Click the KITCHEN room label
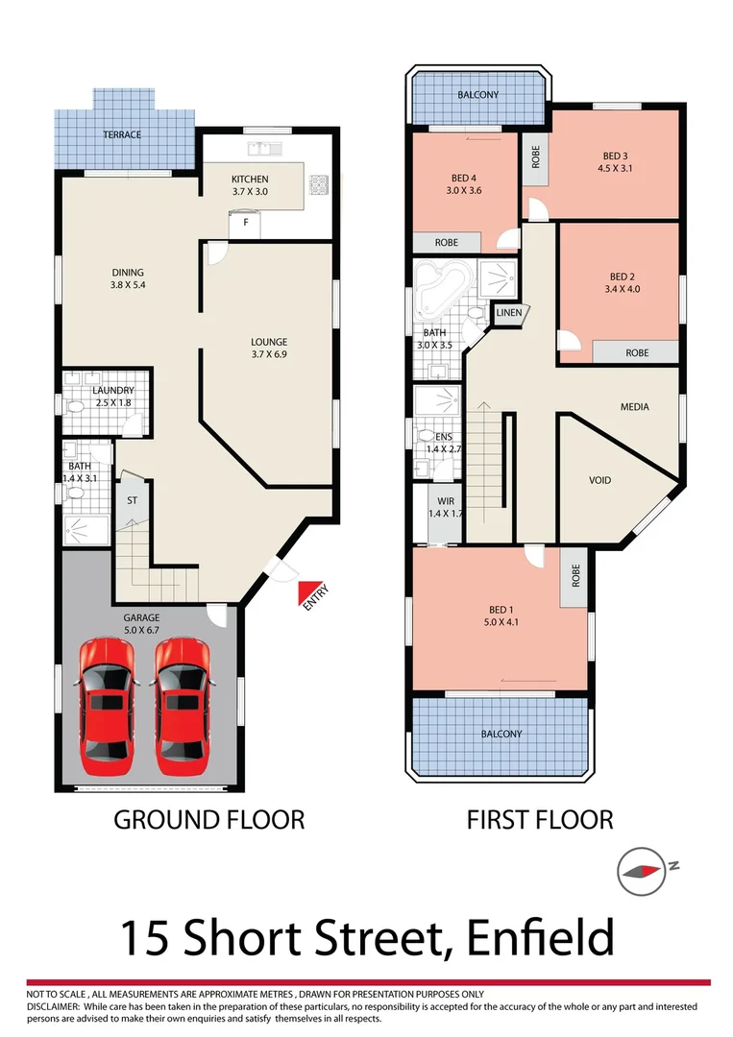point(250,180)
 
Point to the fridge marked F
point(246,223)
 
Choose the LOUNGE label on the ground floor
point(269,342)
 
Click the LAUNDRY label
point(112,391)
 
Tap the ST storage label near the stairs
point(133,500)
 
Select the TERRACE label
point(122,135)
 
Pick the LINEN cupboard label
point(508,313)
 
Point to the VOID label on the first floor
point(599,480)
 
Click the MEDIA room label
point(634,407)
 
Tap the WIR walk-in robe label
point(445,501)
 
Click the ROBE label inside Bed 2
point(637,353)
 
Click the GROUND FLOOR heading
point(209,820)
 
